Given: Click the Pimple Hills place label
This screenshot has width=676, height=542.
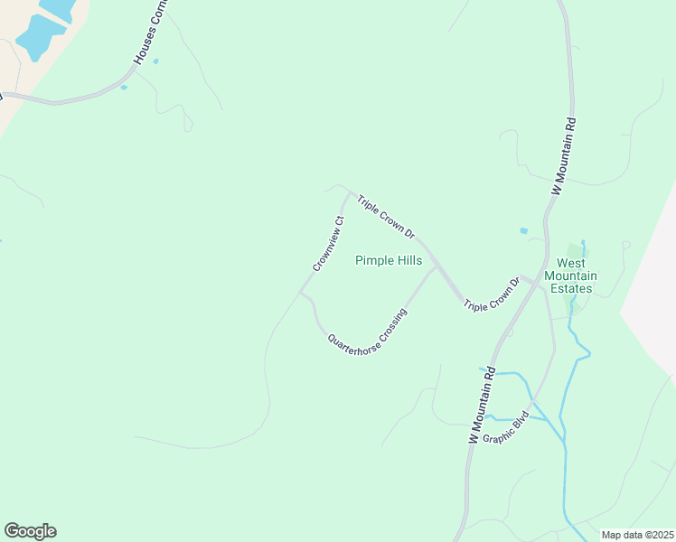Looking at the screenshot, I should click(389, 260).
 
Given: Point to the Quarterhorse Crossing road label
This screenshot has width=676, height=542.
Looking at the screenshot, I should click(368, 332).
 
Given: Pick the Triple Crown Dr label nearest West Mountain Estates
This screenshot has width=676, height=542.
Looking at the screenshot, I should click(493, 294).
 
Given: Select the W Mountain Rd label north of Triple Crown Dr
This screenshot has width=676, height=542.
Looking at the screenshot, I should click(564, 156).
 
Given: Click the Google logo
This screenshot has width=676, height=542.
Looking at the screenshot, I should click(30, 531).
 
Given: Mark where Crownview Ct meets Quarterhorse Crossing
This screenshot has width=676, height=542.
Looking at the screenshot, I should click(301, 292).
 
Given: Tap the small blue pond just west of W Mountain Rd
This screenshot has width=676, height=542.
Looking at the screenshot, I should click(523, 230).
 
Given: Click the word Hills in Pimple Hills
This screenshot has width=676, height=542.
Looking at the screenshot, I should click(406, 260).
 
